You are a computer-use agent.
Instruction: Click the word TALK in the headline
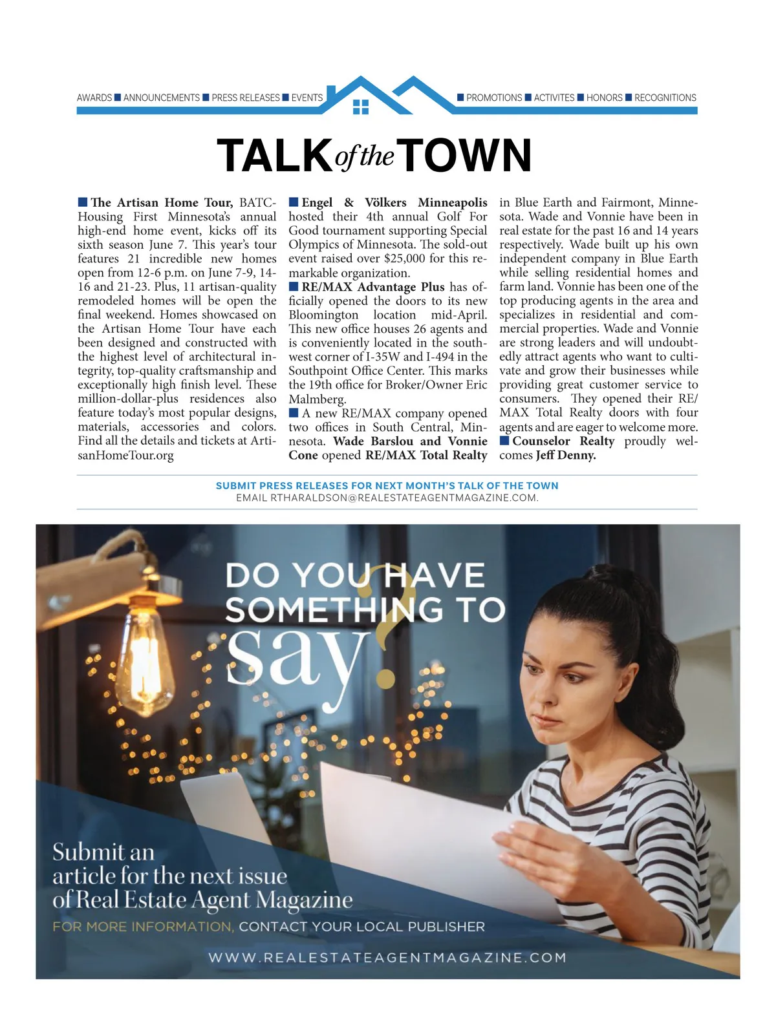point(274,156)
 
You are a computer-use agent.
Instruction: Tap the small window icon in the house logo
point(361,107)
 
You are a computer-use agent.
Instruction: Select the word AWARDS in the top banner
point(94,98)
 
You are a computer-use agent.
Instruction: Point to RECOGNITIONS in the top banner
point(665,98)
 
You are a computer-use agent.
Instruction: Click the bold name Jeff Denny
point(566,455)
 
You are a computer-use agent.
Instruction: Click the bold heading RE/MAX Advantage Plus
point(373,286)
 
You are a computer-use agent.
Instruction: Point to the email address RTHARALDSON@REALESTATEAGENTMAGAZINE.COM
point(387,498)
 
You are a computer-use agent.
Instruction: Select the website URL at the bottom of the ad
point(387,957)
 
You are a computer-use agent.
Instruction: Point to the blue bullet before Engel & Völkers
point(294,202)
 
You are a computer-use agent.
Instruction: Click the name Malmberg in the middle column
point(317,399)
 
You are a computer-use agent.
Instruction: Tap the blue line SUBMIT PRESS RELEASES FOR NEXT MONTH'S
point(387,485)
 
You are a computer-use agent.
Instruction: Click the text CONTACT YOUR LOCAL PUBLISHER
point(361,927)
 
